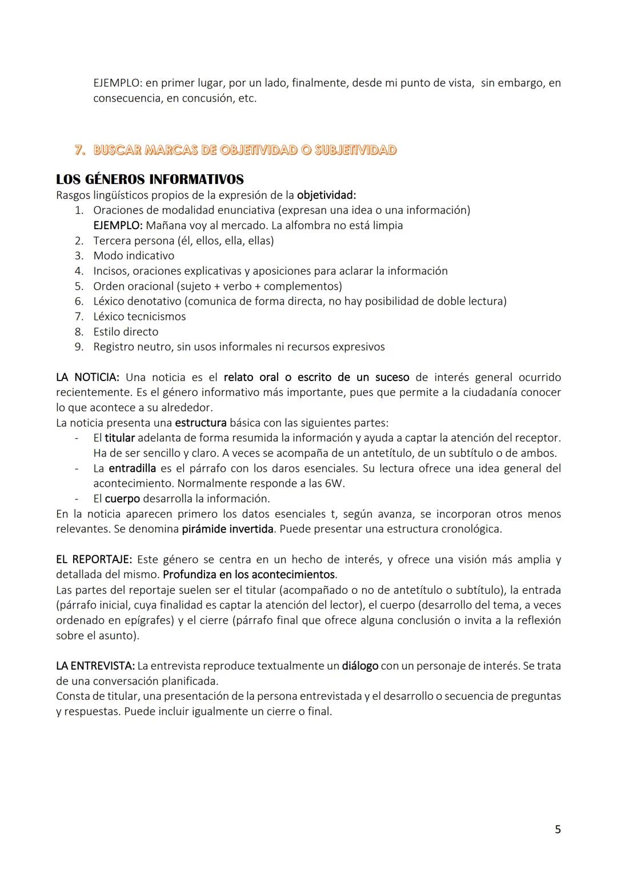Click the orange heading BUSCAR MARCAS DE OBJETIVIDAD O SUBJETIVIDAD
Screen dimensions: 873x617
245,150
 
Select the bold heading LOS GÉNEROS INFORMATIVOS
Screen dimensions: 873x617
150,179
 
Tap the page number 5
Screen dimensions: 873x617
558,830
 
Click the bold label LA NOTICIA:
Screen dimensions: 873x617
87,378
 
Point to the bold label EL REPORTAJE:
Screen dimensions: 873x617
94,559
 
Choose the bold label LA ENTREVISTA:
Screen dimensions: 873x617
95,666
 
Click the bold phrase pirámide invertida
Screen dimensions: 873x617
227,529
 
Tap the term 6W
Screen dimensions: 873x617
335,483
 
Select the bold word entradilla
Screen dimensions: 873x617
132,468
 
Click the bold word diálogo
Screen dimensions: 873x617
360,666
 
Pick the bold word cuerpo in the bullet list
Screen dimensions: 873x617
122,499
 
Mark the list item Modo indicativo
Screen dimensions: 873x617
134,256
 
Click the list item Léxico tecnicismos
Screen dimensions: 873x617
139,317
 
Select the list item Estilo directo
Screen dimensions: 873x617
126,332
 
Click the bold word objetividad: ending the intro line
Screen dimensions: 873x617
326,195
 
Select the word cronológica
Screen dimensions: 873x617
472,529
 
